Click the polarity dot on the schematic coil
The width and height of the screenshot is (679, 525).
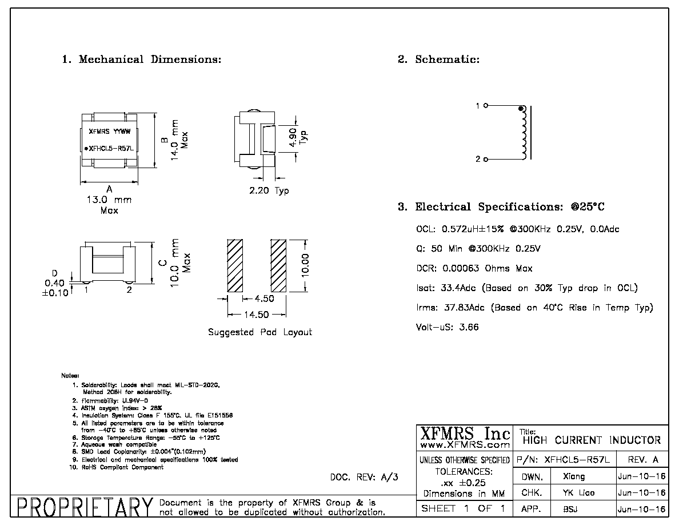[x=521, y=109]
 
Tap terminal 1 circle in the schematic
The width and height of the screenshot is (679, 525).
[x=485, y=105]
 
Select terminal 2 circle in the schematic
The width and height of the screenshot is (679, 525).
[x=485, y=160]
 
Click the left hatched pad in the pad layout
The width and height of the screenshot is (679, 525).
[x=235, y=265]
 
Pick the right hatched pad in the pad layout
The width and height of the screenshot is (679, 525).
[x=278, y=265]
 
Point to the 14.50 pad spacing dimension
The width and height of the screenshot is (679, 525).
[x=257, y=315]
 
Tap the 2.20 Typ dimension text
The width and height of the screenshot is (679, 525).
[x=269, y=190]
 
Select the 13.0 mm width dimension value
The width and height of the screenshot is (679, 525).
[x=109, y=200]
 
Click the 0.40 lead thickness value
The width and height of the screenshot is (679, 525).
[x=54, y=283]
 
